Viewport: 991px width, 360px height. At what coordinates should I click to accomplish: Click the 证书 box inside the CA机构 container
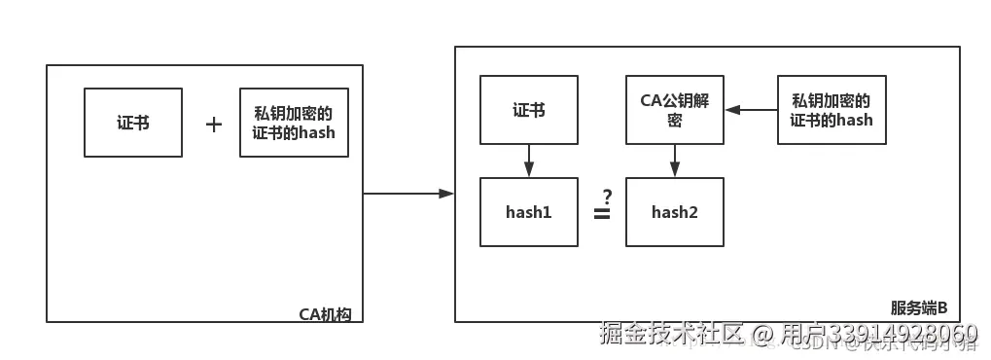click(133, 123)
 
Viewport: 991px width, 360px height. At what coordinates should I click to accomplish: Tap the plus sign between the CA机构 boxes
click(214, 125)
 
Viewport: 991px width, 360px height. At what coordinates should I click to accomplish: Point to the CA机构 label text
click(324, 313)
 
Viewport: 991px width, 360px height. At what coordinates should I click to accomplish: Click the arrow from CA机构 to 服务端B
click(408, 194)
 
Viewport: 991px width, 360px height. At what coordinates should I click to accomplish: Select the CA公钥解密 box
click(675, 111)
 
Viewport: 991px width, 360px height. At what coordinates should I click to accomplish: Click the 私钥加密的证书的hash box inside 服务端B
click(832, 111)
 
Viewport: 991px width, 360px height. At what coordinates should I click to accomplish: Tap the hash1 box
click(529, 211)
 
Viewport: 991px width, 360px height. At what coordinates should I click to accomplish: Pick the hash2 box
click(675, 211)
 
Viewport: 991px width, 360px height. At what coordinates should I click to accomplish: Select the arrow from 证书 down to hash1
click(529, 161)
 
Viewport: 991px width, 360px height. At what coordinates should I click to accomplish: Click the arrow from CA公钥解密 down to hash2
click(675, 161)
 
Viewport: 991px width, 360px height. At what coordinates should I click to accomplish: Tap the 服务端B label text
click(919, 307)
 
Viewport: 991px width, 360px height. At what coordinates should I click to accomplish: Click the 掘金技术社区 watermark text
click(671, 334)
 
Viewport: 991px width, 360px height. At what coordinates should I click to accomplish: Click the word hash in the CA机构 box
click(317, 132)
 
